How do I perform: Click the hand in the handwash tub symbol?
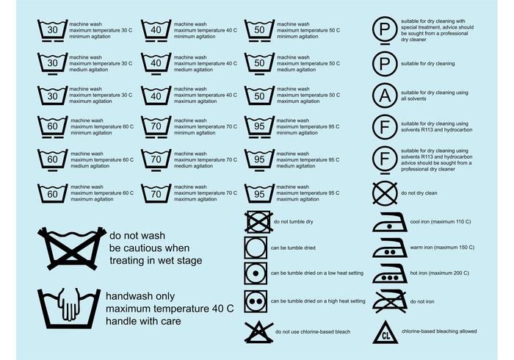[x=68, y=304]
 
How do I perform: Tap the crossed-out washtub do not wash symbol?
[x=72, y=248]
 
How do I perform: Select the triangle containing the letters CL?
[x=385, y=333]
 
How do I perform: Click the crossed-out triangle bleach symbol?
[x=258, y=332]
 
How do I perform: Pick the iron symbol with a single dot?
[x=390, y=223]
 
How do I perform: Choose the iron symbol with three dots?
[x=390, y=273]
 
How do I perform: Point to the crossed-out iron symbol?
[x=390, y=302]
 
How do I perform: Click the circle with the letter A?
[x=385, y=96]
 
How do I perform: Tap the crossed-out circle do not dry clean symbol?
[x=385, y=193]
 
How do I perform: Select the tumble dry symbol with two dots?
[x=256, y=301]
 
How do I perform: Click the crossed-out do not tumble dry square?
[x=258, y=222]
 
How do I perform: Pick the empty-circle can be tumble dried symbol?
[x=256, y=248]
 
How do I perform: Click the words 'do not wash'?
[x=137, y=235]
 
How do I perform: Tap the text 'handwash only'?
[x=140, y=296]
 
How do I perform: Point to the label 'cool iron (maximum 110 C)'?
[x=441, y=222]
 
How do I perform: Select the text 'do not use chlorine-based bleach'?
[x=313, y=332]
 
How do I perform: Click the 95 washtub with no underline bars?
[x=259, y=193]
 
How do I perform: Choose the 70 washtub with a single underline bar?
[x=156, y=160]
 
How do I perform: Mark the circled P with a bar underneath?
[x=385, y=31]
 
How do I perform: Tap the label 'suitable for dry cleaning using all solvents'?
[x=435, y=96]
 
